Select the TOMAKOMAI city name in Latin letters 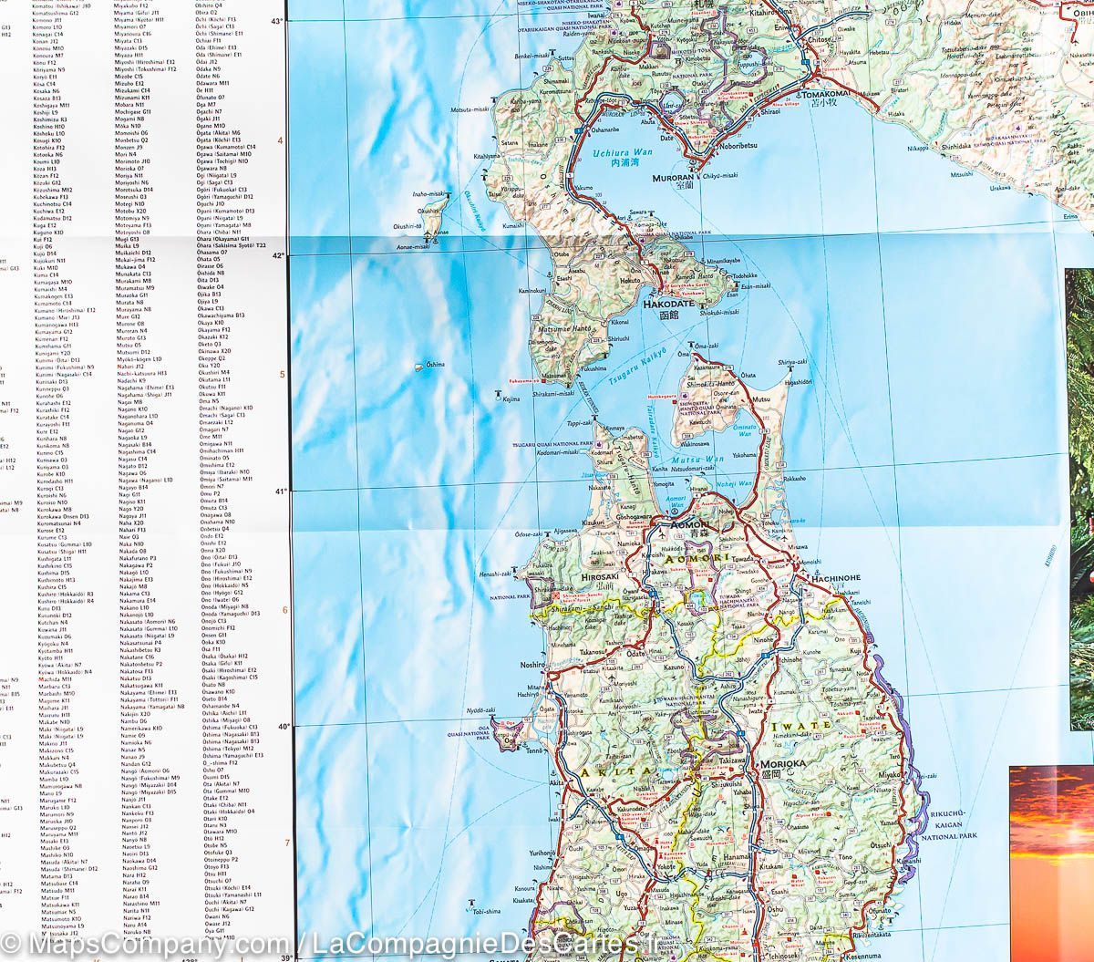(x=828, y=94)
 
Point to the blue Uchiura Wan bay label (x=620, y=153)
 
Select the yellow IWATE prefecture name (x=802, y=726)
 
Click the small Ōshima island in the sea (x=418, y=367)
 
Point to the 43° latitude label (x=278, y=19)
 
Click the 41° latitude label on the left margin (x=280, y=491)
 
